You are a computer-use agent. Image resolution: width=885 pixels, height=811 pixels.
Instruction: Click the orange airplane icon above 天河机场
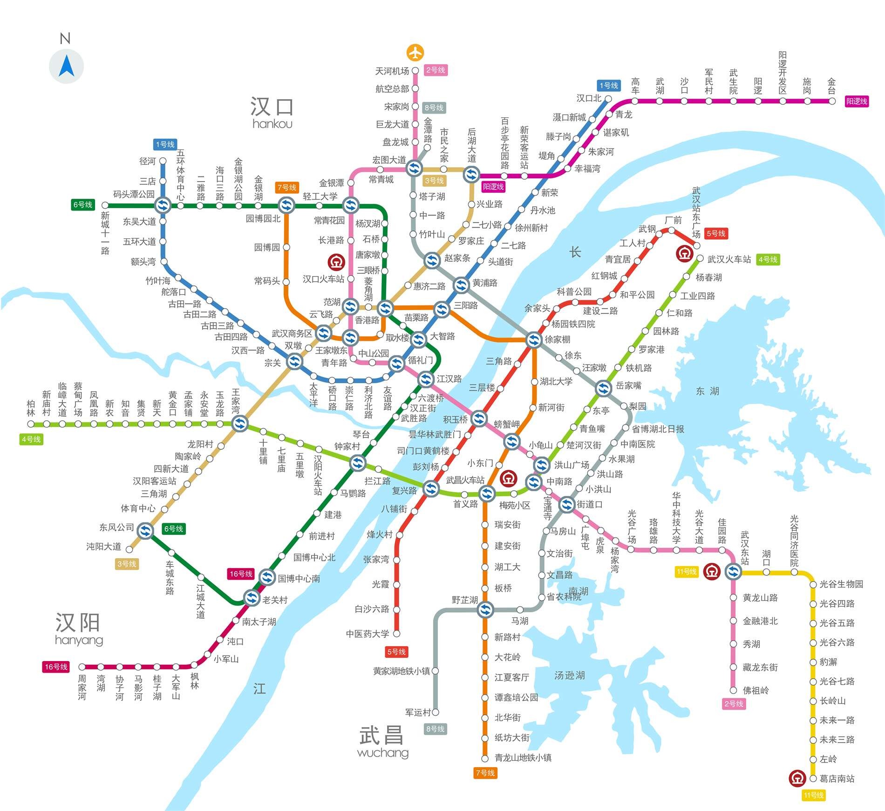pos(415,52)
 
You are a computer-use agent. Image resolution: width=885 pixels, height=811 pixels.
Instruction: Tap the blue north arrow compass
pos(66,66)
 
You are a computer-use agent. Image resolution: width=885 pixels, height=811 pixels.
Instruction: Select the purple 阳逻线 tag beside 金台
pos(857,101)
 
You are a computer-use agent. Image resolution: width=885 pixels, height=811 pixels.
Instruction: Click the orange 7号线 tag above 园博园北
pos(286,187)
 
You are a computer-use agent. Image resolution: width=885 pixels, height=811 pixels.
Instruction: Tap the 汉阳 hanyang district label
pos(78,629)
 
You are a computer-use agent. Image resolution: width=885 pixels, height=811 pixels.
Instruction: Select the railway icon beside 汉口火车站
pos(336,262)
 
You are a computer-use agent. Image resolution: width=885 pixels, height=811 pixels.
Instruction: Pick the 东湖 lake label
pos(707,391)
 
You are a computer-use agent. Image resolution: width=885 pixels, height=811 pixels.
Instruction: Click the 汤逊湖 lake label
pos(569,675)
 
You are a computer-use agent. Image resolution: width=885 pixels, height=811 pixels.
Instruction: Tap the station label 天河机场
pos(392,71)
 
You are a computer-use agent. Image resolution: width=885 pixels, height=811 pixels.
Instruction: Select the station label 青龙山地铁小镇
pos(523,757)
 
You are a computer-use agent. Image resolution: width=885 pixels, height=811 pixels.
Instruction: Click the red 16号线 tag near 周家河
pos(56,667)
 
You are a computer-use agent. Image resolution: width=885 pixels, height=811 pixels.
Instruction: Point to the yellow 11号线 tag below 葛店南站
pos(813,795)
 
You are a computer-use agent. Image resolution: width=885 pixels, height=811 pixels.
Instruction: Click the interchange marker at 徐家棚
pos(534,340)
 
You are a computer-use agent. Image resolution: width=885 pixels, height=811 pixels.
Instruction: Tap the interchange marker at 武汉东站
pos(733,571)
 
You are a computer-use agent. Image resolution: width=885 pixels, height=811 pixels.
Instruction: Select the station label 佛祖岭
pos(756,690)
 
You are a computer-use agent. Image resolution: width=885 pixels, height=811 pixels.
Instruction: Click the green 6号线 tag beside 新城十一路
pos(82,204)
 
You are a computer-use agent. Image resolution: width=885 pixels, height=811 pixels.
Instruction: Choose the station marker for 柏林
pos(31,424)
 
